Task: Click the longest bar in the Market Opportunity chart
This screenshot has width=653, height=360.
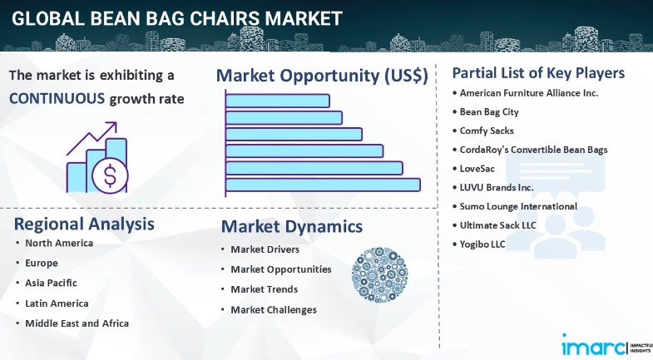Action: coord(323,185)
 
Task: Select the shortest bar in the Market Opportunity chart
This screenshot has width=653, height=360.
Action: coord(278,101)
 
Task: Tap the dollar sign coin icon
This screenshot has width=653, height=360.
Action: coord(110,175)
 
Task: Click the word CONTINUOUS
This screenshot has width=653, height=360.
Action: coord(57,99)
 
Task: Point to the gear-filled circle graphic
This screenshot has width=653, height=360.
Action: coord(379,274)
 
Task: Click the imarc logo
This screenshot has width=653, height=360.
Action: coord(594,346)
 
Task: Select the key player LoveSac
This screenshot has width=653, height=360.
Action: coord(477,169)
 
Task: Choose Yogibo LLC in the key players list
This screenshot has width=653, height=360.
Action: coord(482,244)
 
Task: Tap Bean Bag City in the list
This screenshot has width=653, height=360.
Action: coord(489,112)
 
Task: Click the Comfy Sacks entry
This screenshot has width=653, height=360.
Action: coord(487,131)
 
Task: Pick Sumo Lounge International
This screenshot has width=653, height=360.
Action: coord(518,206)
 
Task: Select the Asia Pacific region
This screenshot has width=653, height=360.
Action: coord(52,283)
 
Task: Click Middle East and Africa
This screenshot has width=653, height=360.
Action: coord(77,323)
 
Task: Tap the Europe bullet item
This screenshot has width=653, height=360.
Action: coord(42,263)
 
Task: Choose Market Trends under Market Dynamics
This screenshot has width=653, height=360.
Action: coord(264,289)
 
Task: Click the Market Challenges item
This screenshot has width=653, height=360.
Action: coord(274,309)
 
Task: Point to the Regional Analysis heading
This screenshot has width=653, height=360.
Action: coord(84,224)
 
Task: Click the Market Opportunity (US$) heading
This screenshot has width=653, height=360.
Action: coord(322,76)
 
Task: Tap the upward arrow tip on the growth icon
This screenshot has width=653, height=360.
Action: coord(116,122)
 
